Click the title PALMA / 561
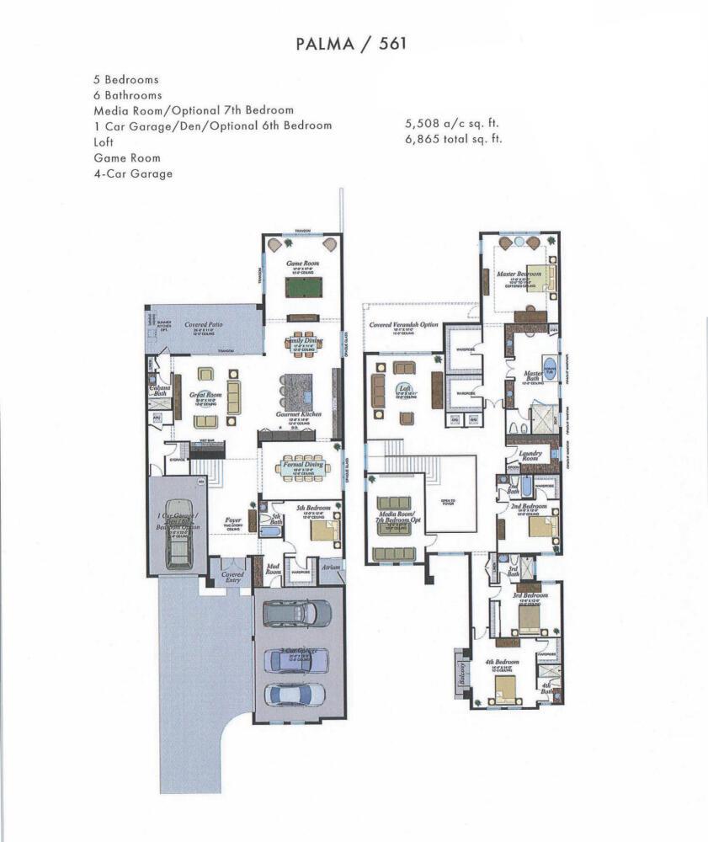tap(354, 44)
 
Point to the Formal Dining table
tap(304, 466)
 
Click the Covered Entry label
tap(232, 577)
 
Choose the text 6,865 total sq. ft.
tap(454, 138)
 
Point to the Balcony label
tap(460, 673)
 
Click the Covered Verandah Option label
tap(402, 325)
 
